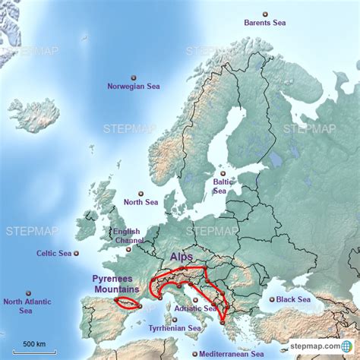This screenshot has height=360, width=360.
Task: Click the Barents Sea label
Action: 266,23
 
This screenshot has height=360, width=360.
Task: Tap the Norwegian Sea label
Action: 134,86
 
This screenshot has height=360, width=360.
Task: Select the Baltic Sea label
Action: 222,186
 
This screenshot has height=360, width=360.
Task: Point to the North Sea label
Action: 141,202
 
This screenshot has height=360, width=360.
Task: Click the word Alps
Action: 182,257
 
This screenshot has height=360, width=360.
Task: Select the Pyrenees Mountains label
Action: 116,284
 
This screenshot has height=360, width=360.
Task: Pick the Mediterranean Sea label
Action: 232,353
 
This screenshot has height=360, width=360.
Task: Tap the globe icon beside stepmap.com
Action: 346,346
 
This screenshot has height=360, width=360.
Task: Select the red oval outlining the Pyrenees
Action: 126,302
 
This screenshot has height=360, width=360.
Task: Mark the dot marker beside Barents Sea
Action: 265,14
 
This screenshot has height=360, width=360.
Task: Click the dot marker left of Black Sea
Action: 271,300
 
